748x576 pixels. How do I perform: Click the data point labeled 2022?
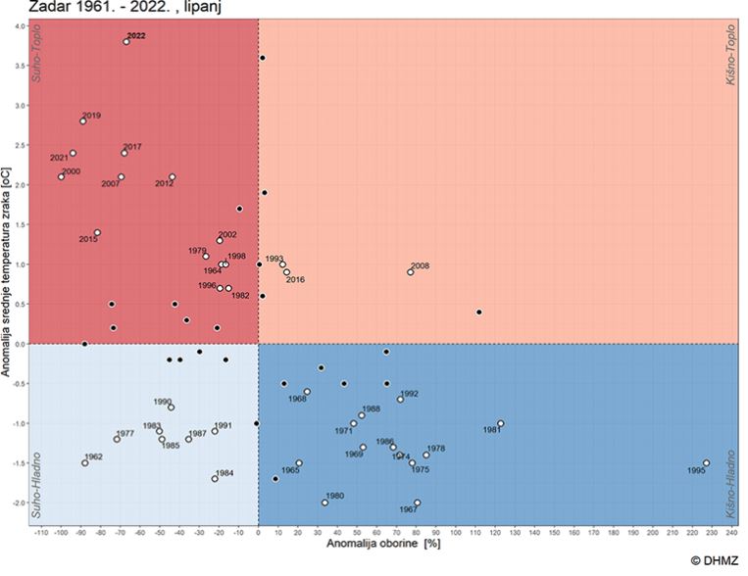click(x=126, y=42)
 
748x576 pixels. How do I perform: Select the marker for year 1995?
click(x=706, y=463)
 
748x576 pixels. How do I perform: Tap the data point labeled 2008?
click(x=411, y=272)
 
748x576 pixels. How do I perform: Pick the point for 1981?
click(x=501, y=424)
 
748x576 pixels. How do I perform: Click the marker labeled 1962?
click(x=85, y=463)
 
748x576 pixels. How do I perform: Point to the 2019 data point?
click(x=83, y=121)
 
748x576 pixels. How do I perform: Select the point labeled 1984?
click(x=215, y=479)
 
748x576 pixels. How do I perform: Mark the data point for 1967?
click(x=417, y=504)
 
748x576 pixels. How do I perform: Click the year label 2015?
click(x=88, y=240)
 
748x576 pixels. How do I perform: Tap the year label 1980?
click(x=334, y=496)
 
